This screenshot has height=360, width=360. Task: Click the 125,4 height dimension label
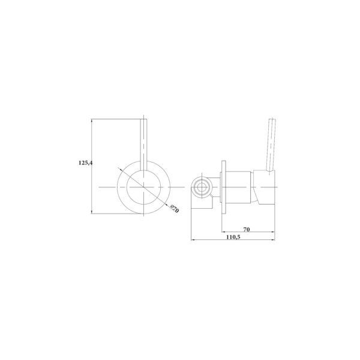(85, 163)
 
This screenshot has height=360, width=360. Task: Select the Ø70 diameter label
(175, 209)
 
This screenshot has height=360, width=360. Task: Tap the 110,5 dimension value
(233, 237)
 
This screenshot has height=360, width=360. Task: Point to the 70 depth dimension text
(247, 229)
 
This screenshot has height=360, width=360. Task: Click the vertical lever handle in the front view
(143, 145)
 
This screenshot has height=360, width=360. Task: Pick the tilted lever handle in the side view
(271, 145)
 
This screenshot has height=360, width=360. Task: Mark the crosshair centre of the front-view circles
(143, 187)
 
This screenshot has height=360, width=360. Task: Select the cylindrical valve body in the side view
(238, 187)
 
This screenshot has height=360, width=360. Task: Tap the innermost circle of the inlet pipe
(202, 187)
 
